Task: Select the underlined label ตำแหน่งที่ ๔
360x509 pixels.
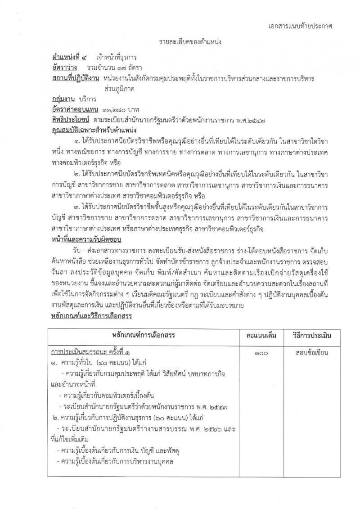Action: [x=71, y=58]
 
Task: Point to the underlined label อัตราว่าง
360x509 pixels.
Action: [x=66, y=68]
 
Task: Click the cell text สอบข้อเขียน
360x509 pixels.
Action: [x=311, y=353]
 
